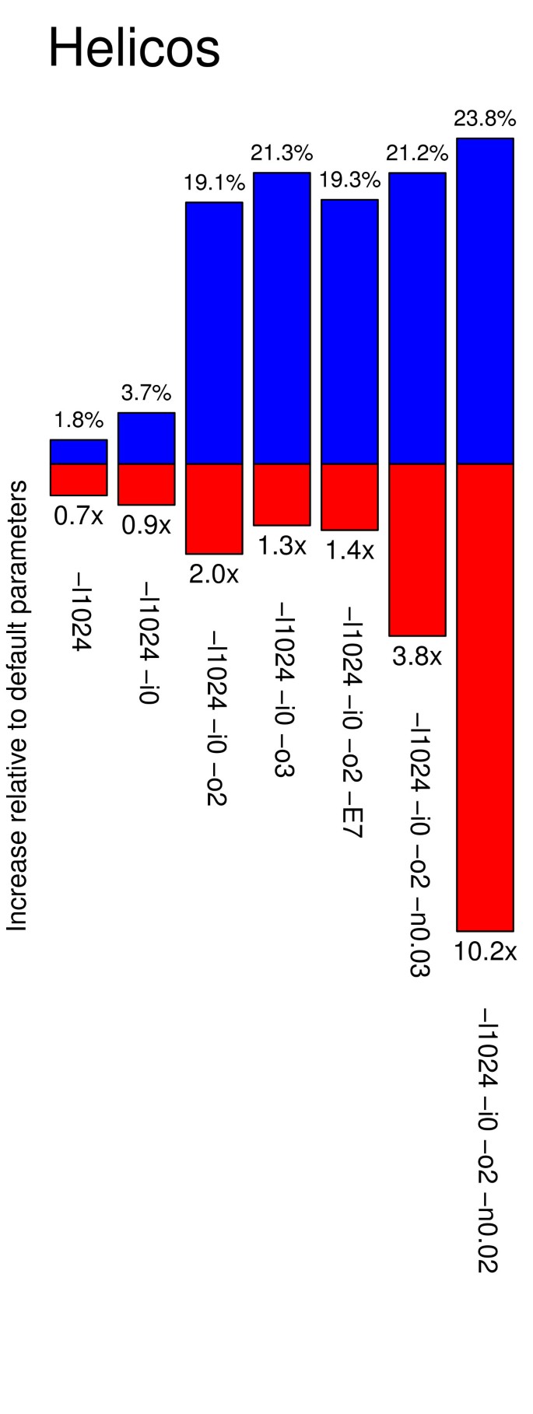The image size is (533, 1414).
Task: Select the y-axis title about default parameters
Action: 16,705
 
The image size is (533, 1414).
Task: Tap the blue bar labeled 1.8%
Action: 79,452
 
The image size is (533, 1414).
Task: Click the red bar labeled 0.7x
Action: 79,479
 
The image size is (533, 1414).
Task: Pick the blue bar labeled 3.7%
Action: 146,439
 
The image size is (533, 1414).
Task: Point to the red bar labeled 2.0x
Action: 214,509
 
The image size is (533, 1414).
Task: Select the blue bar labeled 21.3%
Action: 282,318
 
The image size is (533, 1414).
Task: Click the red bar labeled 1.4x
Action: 349,497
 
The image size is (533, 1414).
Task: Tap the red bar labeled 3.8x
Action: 417,550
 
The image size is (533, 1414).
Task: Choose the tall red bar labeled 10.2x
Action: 485,697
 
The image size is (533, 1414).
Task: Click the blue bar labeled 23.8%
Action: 485,301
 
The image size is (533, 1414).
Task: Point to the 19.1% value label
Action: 214,184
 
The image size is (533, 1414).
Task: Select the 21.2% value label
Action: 417,153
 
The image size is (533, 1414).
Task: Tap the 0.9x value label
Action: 146,526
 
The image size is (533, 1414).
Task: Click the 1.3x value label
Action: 282,546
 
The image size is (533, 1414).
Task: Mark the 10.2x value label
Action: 485,951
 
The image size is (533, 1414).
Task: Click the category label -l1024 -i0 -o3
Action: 282,688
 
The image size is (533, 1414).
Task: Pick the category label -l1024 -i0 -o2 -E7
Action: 349,723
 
